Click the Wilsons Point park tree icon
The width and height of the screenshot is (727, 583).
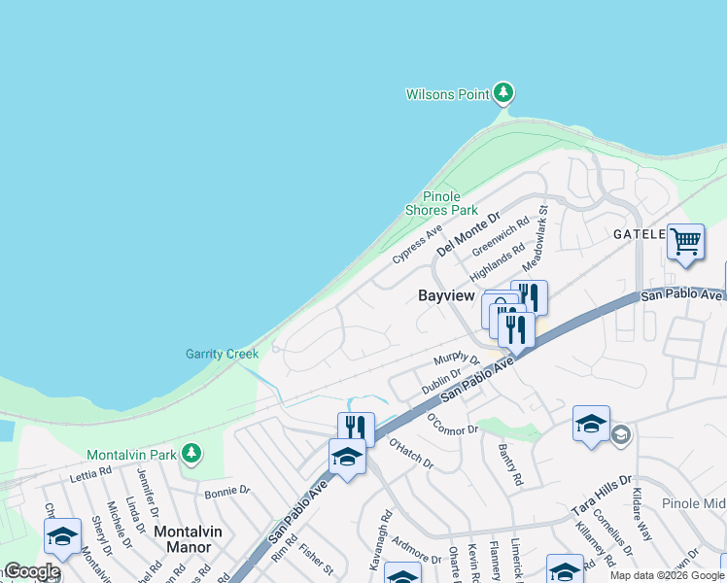[502, 93]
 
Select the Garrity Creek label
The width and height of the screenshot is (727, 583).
[223, 354]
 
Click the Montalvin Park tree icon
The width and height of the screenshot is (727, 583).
[192, 453]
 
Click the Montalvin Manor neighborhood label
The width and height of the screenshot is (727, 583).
[182, 539]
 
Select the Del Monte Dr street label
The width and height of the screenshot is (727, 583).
[467, 234]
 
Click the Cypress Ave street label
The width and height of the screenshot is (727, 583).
[417, 245]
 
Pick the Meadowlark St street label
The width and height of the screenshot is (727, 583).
[536, 238]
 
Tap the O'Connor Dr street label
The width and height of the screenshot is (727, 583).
[453, 424]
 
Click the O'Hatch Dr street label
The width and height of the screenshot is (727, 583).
[411, 454]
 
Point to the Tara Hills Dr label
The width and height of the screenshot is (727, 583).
[602, 496]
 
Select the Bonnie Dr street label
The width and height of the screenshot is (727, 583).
[227, 493]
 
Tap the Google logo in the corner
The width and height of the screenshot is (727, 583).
[31, 572]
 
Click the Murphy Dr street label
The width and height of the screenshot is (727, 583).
[457, 360]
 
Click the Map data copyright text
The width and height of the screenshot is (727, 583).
[667, 575]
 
